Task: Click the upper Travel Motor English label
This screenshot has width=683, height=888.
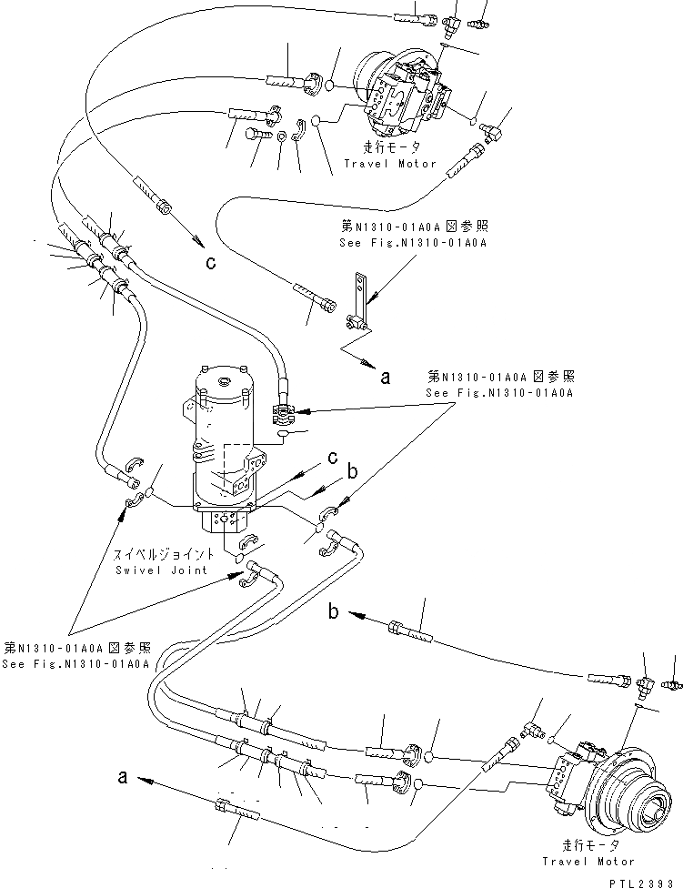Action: [390, 164]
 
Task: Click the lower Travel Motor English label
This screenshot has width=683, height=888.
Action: [588, 861]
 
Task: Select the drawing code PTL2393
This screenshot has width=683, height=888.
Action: [647, 880]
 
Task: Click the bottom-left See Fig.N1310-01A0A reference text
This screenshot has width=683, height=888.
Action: [77, 664]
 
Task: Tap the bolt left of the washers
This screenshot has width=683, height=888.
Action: [256, 136]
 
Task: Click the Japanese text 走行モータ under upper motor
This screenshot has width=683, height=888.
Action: [391, 147]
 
